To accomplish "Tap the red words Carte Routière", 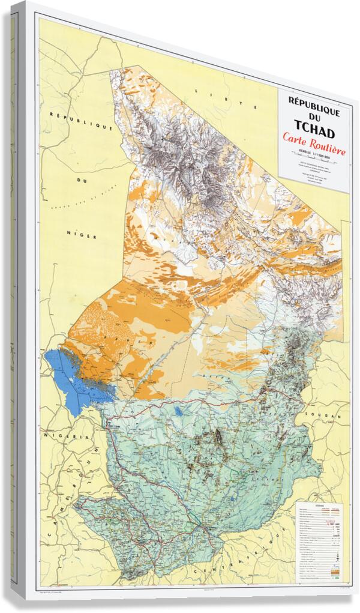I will pos(314,146).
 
